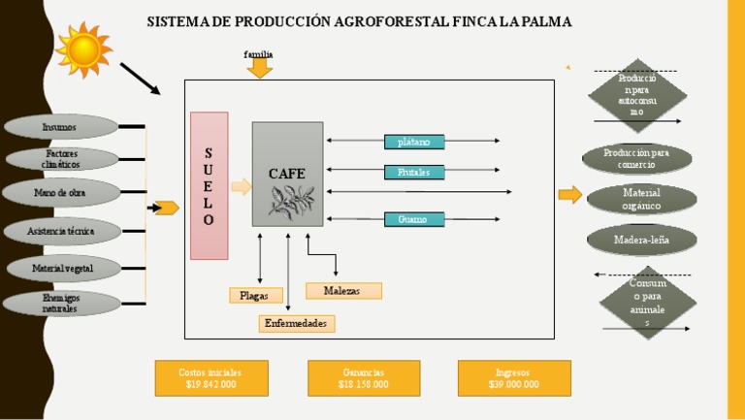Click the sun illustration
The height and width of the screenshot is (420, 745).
(83, 48)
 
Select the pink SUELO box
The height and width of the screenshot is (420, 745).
(209, 185)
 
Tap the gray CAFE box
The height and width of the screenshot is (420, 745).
(287, 174)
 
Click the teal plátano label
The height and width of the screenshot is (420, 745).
(414, 142)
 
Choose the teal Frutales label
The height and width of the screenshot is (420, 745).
(414, 172)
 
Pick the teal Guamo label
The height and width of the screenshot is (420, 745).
(414, 219)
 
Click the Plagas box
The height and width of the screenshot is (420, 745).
(256, 295)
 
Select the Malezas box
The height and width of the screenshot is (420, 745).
(343, 290)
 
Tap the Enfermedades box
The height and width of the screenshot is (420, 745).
(297, 323)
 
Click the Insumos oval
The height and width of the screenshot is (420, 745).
(60, 127)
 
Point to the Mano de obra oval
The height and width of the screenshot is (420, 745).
(60, 193)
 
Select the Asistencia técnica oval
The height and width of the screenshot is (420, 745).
(60, 231)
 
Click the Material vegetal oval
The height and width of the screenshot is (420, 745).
(62, 268)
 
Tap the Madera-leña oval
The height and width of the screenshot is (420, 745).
(640, 239)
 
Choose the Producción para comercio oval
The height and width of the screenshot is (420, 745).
(636, 158)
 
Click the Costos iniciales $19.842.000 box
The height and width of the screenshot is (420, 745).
(211, 378)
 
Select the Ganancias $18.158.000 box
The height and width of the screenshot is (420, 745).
(364, 378)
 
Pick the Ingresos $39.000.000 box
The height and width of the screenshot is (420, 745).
(514, 378)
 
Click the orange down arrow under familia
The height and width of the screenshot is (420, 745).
(260, 69)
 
